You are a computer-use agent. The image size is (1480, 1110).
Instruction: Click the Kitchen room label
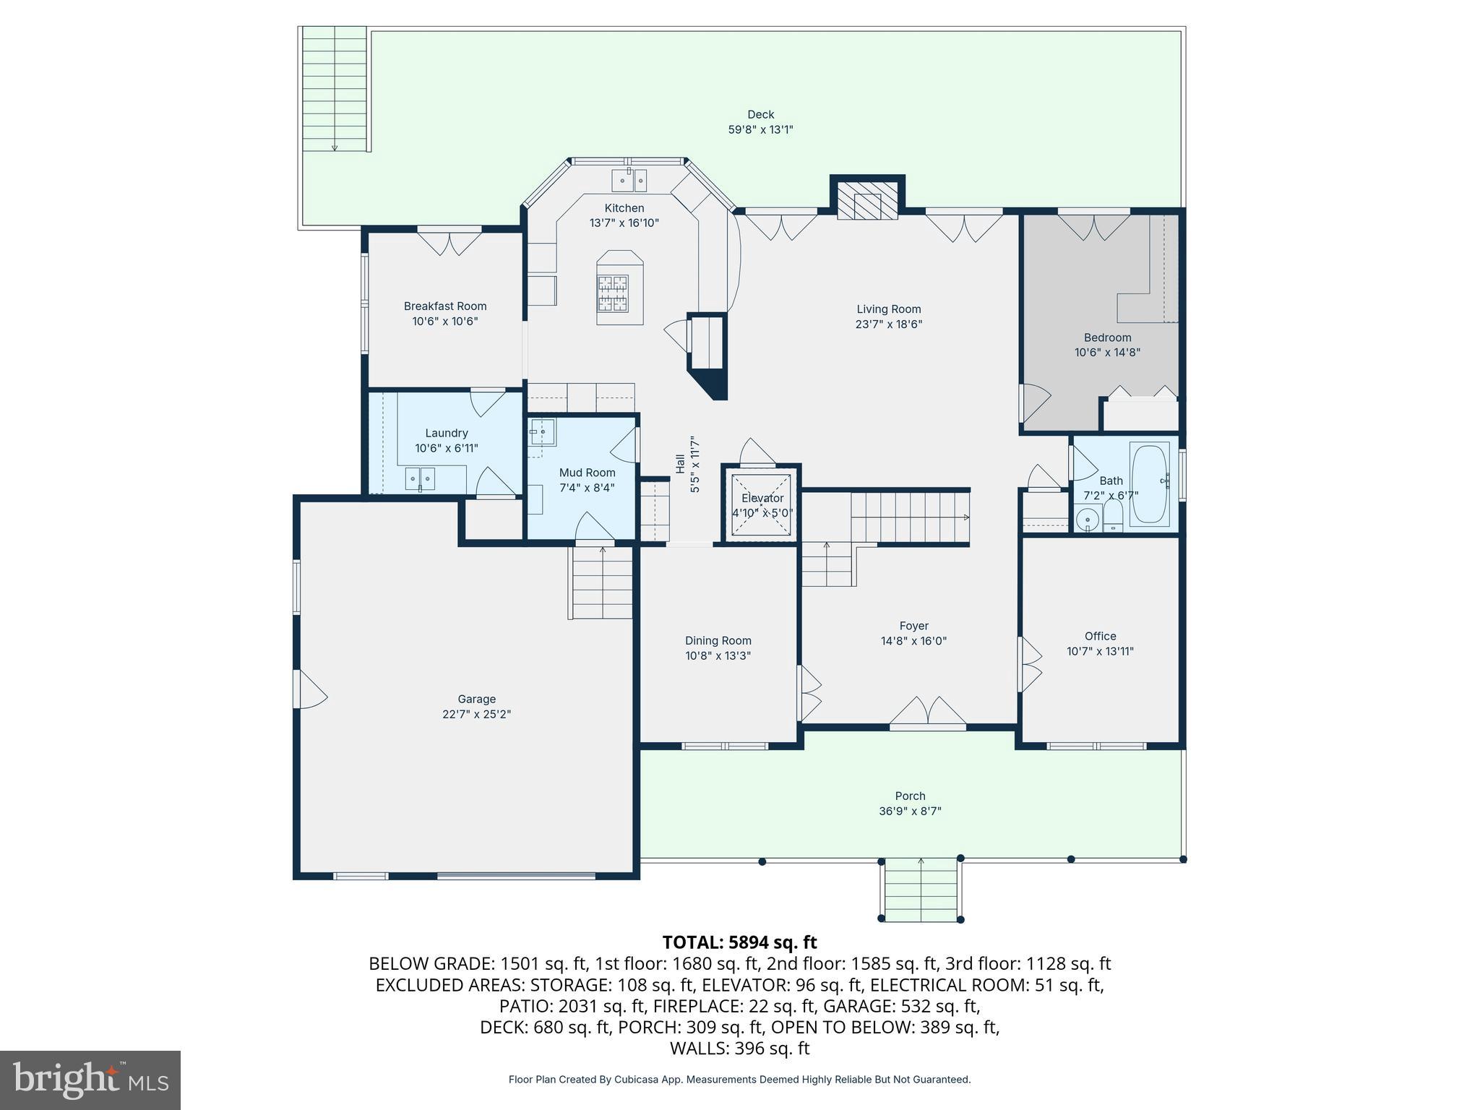(x=624, y=208)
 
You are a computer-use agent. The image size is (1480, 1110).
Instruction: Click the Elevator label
(x=762, y=498)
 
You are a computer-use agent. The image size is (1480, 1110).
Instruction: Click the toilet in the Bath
(x=1112, y=516)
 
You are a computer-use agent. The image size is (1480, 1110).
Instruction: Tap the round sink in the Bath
(x=1087, y=520)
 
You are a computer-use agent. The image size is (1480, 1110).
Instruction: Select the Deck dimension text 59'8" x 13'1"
(x=760, y=130)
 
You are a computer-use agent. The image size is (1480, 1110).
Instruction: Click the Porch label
(x=910, y=796)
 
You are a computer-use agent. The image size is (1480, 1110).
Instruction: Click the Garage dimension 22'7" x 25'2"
(x=476, y=714)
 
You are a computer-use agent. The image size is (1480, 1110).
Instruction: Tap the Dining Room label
(x=718, y=640)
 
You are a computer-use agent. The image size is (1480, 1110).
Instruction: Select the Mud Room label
(x=587, y=473)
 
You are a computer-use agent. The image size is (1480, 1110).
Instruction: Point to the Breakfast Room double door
(x=449, y=241)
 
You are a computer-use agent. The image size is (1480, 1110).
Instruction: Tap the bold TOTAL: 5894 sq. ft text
(x=739, y=942)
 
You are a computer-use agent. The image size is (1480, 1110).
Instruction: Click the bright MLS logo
(x=90, y=1080)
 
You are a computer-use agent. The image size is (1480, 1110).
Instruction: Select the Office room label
(x=1100, y=636)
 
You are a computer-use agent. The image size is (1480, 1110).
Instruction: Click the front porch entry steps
(x=921, y=890)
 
